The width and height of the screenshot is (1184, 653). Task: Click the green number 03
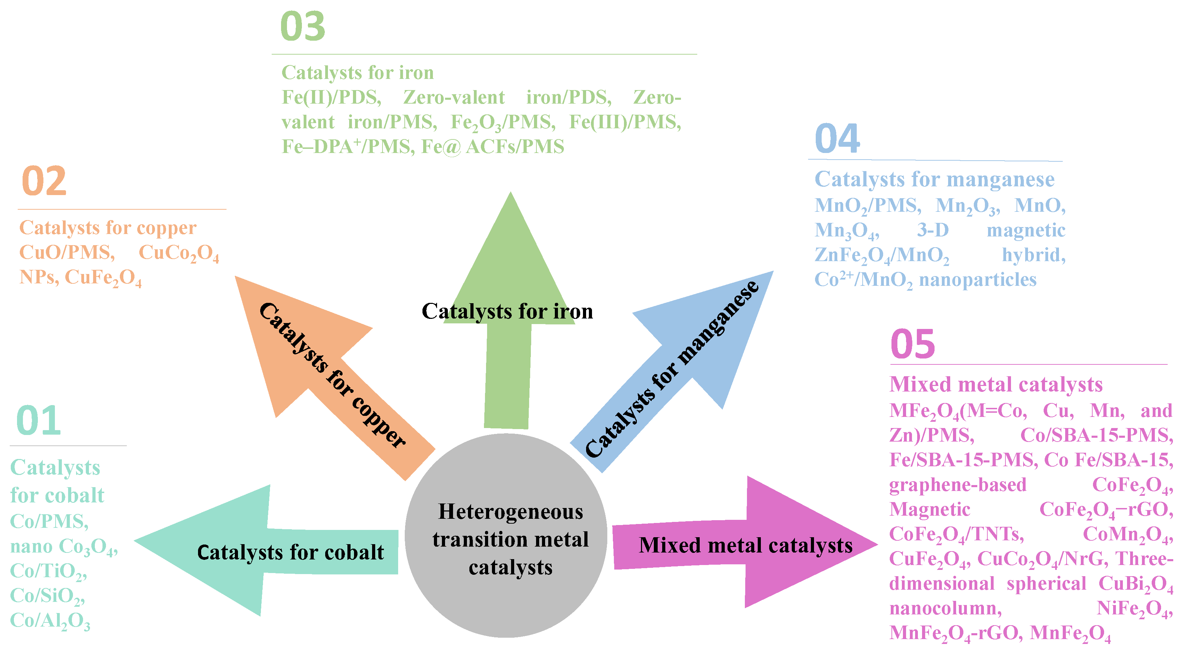point(303,27)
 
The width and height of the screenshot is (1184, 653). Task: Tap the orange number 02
point(44,181)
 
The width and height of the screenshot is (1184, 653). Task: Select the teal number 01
point(38,420)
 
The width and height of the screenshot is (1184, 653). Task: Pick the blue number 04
point(837,138)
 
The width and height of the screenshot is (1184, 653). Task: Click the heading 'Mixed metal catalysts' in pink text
point(996,385)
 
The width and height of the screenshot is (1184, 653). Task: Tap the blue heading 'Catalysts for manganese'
point(934,179)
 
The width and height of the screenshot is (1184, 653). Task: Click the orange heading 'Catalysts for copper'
point(108,228)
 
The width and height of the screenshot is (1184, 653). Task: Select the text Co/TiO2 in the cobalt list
point(48,571)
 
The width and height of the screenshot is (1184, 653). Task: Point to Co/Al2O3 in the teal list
point(50,620)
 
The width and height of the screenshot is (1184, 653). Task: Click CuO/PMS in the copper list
point(67,252)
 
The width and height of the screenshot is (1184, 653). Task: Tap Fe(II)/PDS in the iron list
point(331,97)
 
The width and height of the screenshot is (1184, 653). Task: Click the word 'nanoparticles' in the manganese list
point(977,280)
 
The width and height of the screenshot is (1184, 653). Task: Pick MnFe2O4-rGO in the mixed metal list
point(955,633)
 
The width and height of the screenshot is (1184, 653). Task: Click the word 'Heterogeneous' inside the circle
point(510,511)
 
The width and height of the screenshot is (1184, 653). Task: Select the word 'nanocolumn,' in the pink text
point(945,608)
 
